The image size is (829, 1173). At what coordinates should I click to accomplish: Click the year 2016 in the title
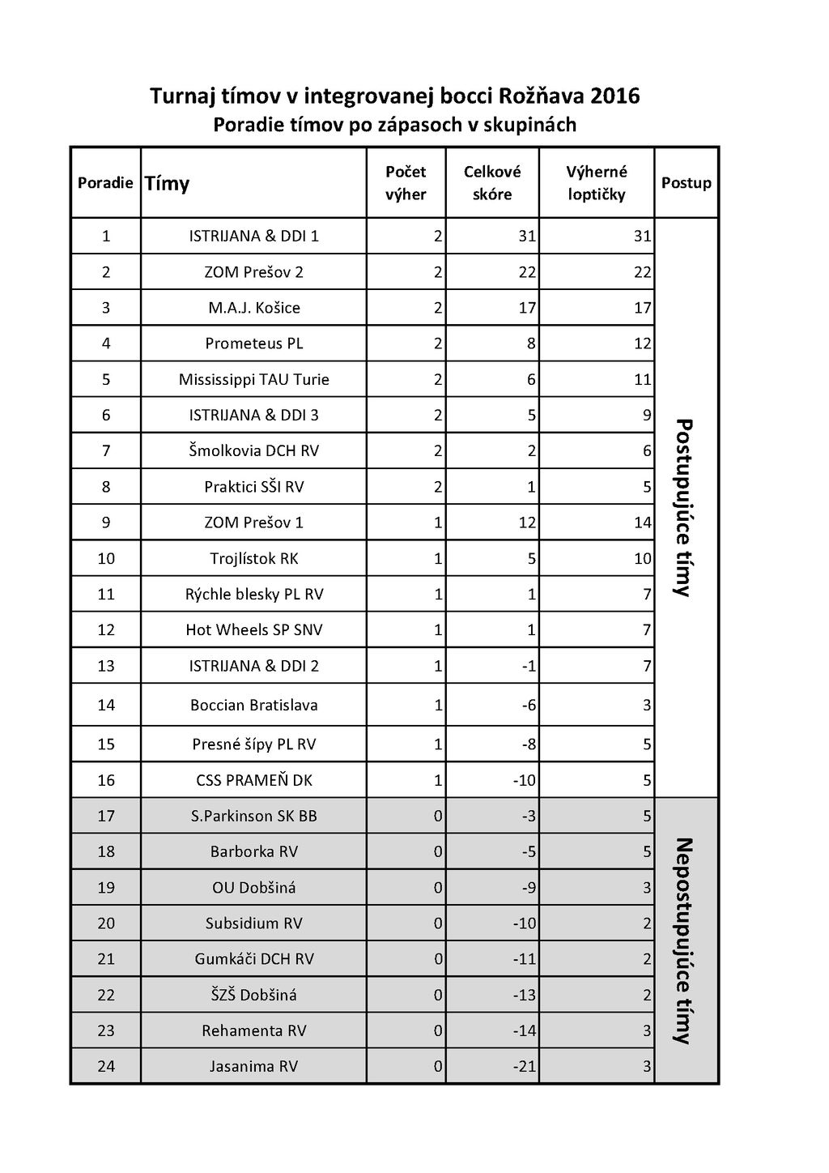[x=615, y=96]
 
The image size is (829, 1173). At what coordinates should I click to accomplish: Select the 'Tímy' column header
[x=167, y=184]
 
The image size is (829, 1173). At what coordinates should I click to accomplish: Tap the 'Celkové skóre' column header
[x=492, y=183]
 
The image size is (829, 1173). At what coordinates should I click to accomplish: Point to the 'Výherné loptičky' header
[x=597, y=183]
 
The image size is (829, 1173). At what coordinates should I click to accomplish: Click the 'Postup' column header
[x=686, y=183]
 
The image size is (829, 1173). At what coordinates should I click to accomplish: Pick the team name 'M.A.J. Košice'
[x=254, y=308]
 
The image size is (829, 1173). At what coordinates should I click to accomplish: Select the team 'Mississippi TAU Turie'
[x=254, y=379]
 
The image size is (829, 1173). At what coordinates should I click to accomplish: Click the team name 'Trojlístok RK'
[x=254, y=558]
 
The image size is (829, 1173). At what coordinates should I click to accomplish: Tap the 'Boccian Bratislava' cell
[x=254, y=705]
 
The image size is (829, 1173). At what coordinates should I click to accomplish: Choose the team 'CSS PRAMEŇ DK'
[x=254, y=780]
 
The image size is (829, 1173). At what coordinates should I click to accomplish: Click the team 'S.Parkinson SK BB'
[x=254, y=816]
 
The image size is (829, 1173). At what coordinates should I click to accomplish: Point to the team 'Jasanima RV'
[x=254, y=1066]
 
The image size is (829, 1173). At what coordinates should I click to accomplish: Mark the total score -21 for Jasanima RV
[x=525, y=1066]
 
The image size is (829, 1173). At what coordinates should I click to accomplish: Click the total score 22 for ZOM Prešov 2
[x=527, y=272]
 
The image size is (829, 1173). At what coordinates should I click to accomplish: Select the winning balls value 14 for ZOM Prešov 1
[x=643, y=523]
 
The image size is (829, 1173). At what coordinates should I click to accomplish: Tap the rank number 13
[x=106, y=666]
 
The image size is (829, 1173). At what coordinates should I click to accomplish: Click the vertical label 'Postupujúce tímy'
[x=684, y=507]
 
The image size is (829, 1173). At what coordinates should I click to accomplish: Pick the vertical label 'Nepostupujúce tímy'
[x=684, y=940]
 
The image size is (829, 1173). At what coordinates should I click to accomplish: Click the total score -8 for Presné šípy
[x=529, y=744]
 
